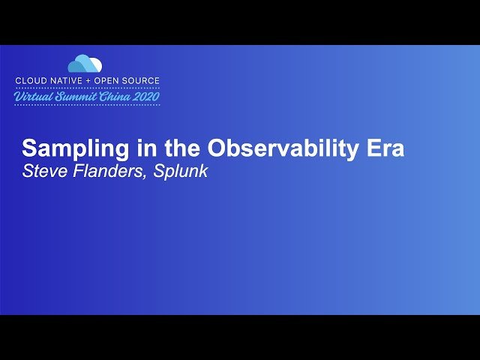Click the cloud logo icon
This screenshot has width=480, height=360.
pos(85,64)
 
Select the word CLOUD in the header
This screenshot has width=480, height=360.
pos(31,80)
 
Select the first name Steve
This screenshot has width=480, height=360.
pos(42,171)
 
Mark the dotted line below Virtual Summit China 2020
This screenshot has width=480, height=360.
pos(87,105)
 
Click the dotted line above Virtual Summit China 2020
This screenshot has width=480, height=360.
pos(87,87)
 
